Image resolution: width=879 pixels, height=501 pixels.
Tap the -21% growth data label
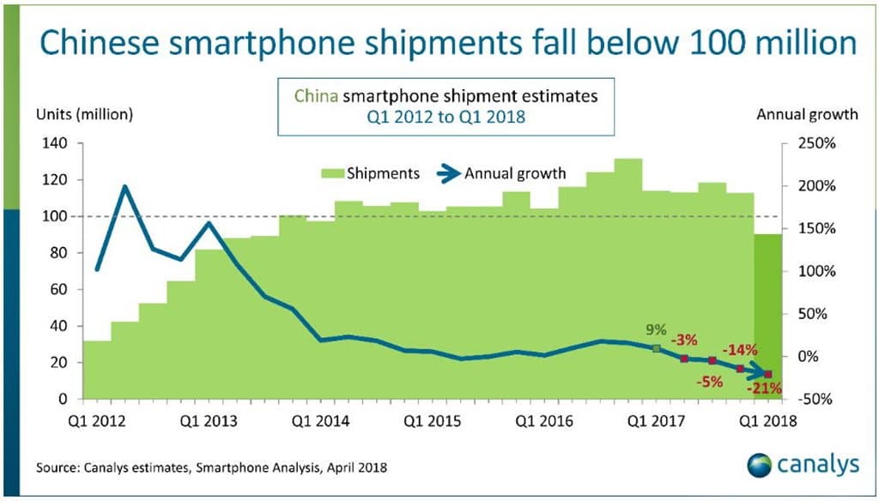(x=763, y=388)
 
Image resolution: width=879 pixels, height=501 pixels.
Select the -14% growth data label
(x=739, y=350)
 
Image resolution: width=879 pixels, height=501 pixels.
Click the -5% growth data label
(x=710, y=382)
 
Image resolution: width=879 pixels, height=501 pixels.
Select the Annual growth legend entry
(x=515, y=173)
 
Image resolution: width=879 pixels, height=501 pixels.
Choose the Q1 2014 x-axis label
(x=319, y=421)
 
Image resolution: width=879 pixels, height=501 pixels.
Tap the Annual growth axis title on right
(x=807, y=114)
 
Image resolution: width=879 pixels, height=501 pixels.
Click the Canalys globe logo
(x=760, y=466)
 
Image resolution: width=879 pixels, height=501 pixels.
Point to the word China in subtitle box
(x=315, y=97)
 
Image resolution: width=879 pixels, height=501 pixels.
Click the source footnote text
(x=212, y=468)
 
